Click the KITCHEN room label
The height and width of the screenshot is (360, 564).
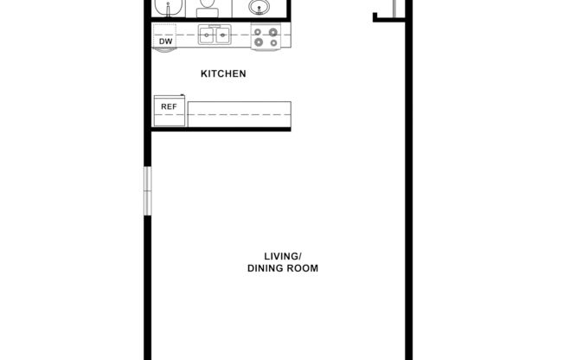point(223,74)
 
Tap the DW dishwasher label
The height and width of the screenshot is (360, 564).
point(164,41)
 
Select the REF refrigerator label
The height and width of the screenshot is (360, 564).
point(169,107)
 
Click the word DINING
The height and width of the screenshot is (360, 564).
point(262,268)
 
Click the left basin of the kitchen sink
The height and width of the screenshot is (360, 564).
point(208,36)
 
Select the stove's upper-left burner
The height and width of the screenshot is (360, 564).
point(258,32)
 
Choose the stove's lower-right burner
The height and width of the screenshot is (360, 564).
point(274,42)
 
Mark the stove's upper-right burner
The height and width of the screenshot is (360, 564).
point(274,32)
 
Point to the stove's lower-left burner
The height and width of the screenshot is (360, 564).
point(258,42)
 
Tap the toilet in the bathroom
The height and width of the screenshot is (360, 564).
point(206,9)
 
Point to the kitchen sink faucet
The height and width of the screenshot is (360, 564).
point(215,29)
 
